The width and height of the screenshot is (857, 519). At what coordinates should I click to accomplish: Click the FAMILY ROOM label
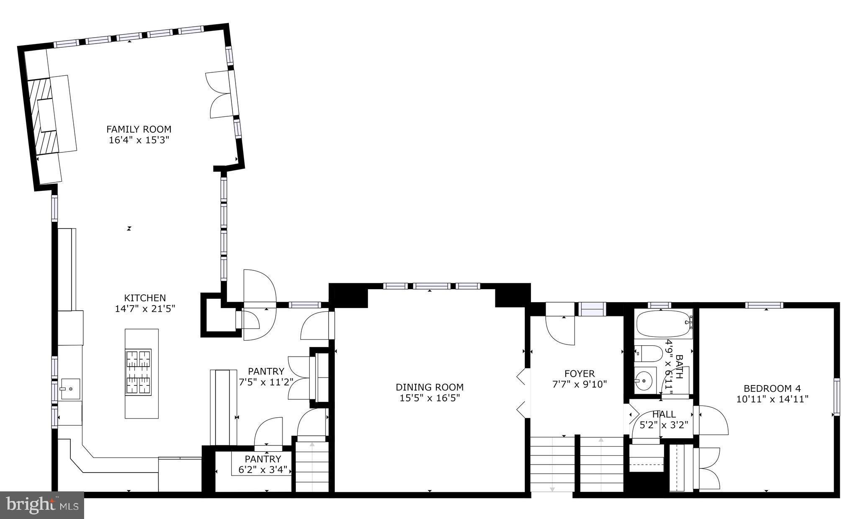[139, 129]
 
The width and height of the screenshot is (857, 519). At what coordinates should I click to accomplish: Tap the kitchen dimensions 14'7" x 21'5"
[145, 309]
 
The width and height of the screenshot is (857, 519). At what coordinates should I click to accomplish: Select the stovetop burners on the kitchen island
[138, 372]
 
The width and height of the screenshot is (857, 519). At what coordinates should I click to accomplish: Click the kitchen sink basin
[70, 389]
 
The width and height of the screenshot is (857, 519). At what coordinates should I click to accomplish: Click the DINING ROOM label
[429, 387]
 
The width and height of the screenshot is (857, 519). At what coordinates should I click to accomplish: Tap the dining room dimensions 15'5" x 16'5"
[429, 398]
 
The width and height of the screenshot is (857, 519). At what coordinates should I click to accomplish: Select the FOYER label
[579, 373]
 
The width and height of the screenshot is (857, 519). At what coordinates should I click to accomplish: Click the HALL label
[664, 414]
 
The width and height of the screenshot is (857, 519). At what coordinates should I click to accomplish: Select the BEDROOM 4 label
[772, 388]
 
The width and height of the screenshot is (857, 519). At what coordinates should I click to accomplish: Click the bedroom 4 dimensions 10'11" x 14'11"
[772, 399]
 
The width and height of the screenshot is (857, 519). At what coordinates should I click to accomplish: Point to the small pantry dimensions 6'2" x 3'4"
[263, 470]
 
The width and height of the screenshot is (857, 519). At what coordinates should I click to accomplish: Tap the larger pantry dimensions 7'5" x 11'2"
[266, 382]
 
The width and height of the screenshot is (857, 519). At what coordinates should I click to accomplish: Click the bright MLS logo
[42, 505]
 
